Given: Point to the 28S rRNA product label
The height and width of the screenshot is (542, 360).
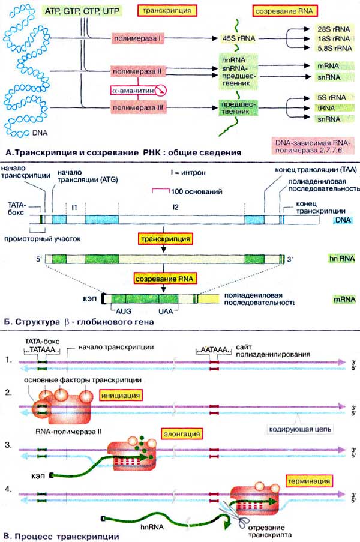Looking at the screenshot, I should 331,28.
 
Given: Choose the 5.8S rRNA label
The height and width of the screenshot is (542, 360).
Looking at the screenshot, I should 331,48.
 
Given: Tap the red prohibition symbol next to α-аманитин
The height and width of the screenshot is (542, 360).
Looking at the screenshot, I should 160,90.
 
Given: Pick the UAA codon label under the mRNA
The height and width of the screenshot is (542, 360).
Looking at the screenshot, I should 166,312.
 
